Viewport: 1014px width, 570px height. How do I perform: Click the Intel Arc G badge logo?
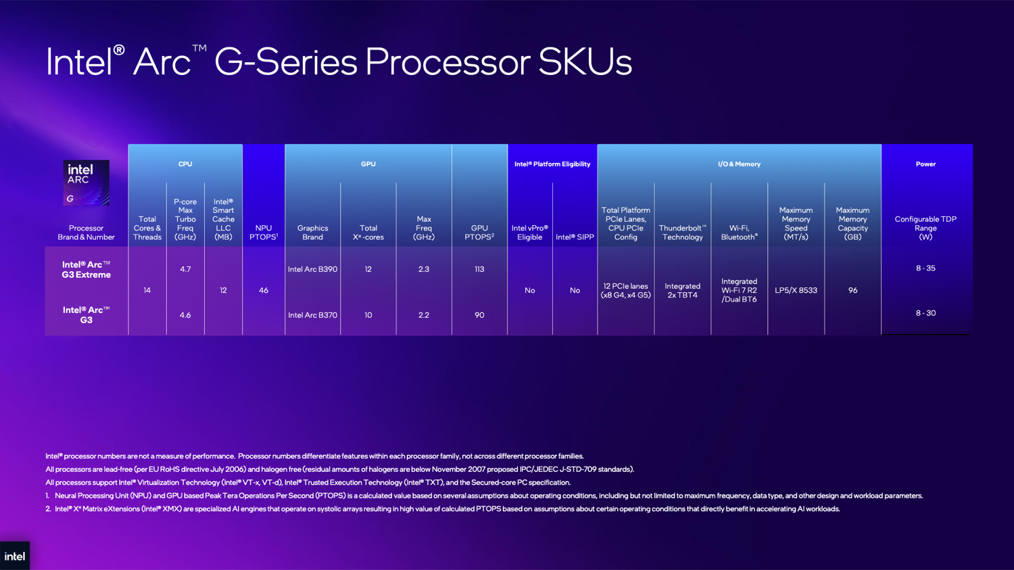(x=86, y=183)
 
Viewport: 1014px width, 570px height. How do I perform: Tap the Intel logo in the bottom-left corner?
(x=15, y=556)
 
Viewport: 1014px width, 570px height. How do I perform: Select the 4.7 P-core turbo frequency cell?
(x=185, y=269)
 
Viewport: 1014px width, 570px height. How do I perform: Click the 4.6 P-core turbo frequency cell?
(x=185, y=315)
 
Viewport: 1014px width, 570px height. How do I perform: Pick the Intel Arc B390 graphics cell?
(x=312, y=269)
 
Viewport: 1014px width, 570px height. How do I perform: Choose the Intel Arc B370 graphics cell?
(x=312, y=315)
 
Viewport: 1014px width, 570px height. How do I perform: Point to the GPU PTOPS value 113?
(x=479, y=269)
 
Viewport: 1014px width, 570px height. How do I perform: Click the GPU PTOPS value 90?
(x=479, y=315)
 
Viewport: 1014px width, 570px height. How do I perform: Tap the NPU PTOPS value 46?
(x=264, y=290)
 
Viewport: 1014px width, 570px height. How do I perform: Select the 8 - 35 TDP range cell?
(x=925, y=268)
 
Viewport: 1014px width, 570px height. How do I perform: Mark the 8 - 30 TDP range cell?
(x=925, y=313)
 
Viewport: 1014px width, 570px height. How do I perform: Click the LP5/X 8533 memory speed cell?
(x=796, y=290)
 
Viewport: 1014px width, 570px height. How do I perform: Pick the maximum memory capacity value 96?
(x=853, y=290)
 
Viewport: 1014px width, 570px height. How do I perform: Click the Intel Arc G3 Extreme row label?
(x=86, y=269)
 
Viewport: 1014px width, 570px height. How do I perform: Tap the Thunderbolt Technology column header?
(x=683, y=232)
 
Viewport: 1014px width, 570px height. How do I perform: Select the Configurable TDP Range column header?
(x=925, y=228)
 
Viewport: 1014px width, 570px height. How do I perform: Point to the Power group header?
(x=925, y=164)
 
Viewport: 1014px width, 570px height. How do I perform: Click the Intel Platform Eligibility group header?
(x=552, y=164)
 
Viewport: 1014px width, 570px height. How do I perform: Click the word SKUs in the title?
(x=585, y=62)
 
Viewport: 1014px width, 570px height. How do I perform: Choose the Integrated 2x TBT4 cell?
(x=683, y=290)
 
